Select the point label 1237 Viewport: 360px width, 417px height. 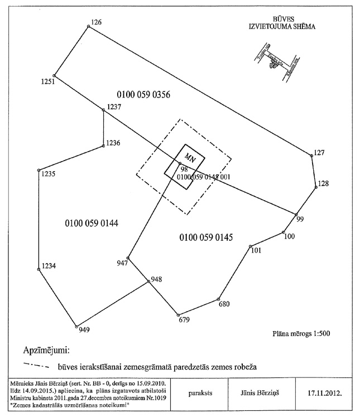[114, 106]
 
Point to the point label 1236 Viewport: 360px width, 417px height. [113, 143]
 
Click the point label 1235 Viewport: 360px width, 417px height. [48, 174]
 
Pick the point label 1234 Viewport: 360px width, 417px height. [49, 266]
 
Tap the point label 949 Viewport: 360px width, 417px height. [84, 330]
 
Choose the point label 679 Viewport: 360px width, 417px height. [184, 320]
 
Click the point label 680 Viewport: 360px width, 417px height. [224, 304]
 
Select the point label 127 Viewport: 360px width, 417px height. [319, 152]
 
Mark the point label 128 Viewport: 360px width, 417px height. [323, 183]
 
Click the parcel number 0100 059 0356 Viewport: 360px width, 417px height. [144, 94]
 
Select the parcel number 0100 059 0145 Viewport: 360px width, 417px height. [205, 237]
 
